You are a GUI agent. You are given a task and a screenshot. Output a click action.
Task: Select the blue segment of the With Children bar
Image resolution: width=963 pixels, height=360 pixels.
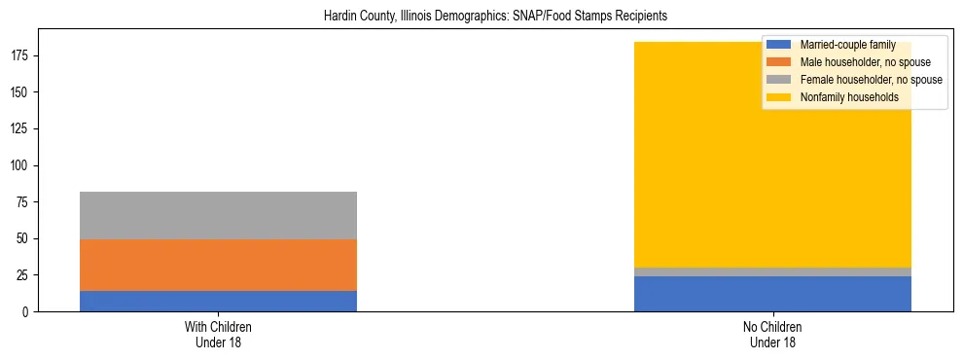[x=218, y=301]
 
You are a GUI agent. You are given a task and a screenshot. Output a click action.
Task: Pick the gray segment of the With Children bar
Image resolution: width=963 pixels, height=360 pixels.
[x=218, y=216]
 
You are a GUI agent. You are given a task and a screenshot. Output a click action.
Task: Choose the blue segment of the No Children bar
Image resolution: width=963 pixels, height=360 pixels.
[x=772, y=294]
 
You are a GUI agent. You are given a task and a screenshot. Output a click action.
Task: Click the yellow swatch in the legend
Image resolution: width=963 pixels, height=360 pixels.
[x=779, y=97]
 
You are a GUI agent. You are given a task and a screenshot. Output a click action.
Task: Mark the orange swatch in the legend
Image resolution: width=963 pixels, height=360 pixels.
[x=779, y=62]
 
